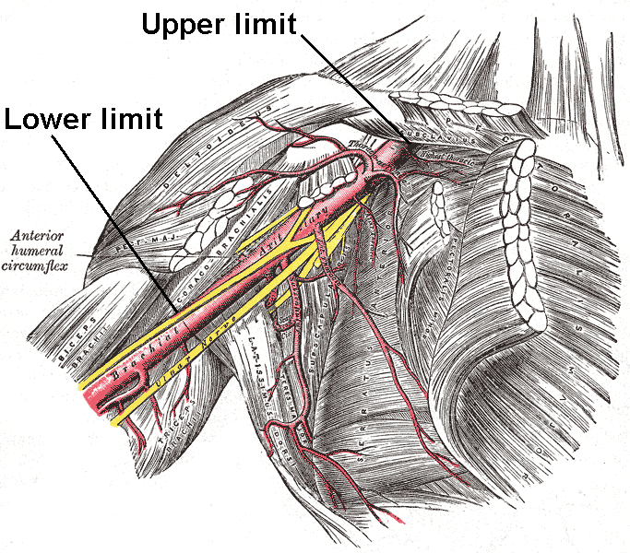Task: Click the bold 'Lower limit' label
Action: [83, 119]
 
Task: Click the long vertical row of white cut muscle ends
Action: [522, 230]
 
